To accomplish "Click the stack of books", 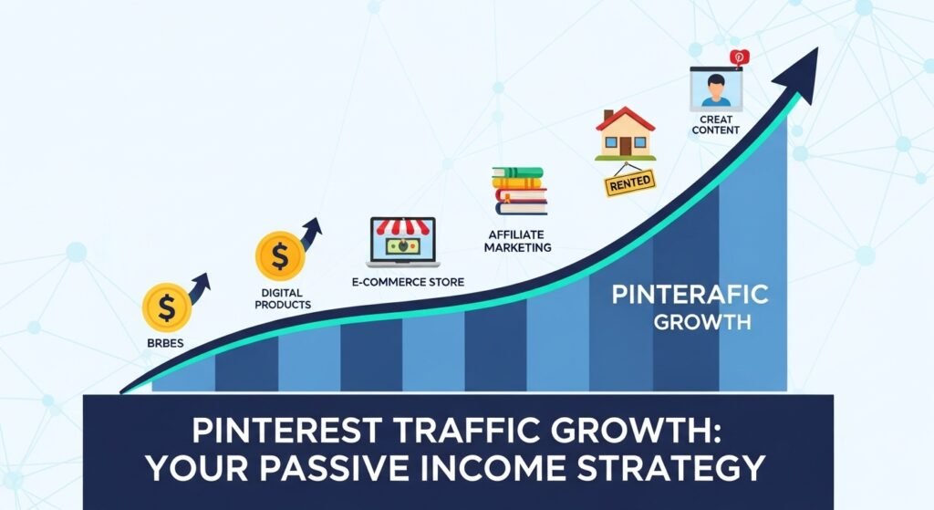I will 519,190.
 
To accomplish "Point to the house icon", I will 625,134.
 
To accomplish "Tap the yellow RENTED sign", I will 629,182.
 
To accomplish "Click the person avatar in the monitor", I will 716,90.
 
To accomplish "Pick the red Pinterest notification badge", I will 738,57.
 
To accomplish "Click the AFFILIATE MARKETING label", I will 518,241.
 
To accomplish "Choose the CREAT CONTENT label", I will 715,125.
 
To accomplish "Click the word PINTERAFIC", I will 690,295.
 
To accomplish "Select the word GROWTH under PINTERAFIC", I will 690,322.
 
